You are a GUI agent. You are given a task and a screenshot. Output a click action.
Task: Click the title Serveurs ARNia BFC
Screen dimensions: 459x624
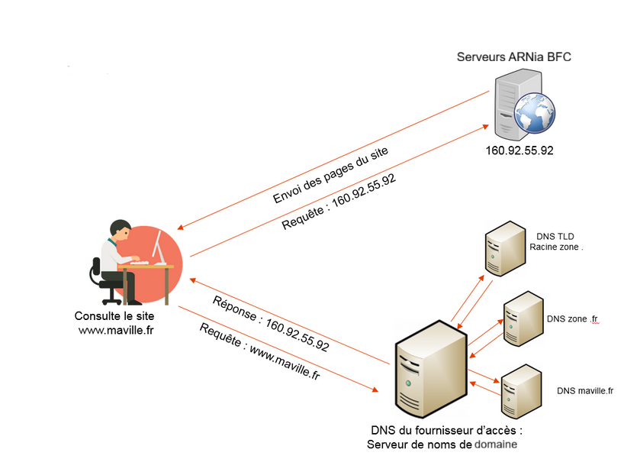(513, 57)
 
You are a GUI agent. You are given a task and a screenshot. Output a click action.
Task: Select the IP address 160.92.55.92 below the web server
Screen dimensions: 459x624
(519, 150)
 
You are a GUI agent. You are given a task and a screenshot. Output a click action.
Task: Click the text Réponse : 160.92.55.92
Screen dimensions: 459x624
(271, 323)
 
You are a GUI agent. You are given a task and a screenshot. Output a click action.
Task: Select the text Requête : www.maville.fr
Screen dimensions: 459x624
(259, 352)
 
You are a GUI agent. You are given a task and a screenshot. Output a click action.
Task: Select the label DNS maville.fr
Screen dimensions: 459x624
(585, 390)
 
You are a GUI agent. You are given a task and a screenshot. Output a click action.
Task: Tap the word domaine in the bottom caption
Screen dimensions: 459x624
(496, 444)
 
